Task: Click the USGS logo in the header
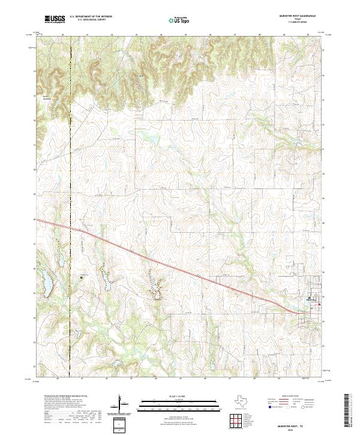55,19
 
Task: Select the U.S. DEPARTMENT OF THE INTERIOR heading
91,16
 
